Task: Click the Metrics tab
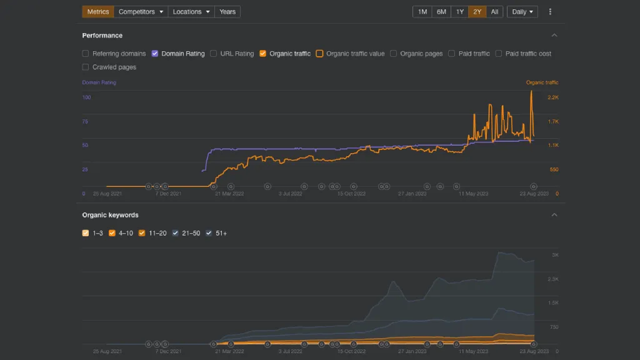(x=98, y=12)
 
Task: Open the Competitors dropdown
(x=141, y=12)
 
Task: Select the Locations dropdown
(x=191, y=12)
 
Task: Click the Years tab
(x=227, y=12)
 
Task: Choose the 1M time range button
(x=422, y=12)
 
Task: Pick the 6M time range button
(x=441, y=12)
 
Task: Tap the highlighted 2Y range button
(x=477, y=12)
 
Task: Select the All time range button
(x=494, y=12)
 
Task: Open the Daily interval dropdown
(x=522, y=12)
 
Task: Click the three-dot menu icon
(x=550, y=12)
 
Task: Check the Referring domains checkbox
(x=86, y=54)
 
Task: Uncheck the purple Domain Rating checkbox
(x=155, y=54)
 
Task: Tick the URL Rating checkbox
(x=214, y=54)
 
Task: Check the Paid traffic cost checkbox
(x=499, y=54)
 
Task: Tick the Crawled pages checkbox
(x=86, y=67)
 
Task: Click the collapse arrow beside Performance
(x=554, y=36)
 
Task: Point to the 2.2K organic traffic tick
(x=553, y=97)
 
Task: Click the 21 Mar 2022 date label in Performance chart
(x=228, y=194)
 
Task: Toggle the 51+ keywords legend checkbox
(x=209, y=233)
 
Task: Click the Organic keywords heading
(x=111, y=215)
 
